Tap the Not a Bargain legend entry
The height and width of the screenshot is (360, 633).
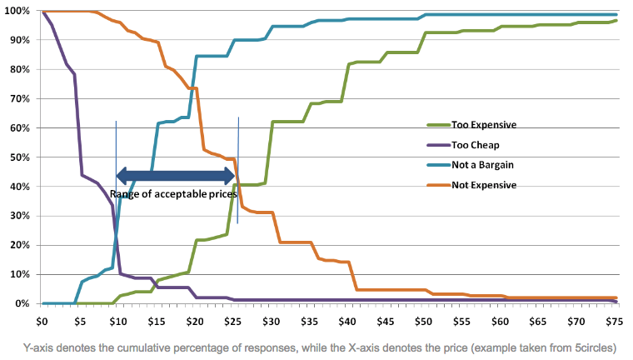(487, 165)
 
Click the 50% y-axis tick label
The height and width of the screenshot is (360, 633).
(21, 157)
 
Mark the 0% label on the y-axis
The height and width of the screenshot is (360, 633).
(23, 304)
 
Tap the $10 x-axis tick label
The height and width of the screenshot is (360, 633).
(117, 320)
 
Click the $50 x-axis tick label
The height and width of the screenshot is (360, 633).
(423, 320)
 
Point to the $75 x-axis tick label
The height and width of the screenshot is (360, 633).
(614, 320)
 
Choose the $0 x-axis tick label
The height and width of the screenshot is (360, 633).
(42, 320)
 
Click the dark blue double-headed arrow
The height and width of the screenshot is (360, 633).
(176, 176)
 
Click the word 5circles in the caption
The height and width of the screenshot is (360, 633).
(606, 347)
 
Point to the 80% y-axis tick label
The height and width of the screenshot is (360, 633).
(21, 70)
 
